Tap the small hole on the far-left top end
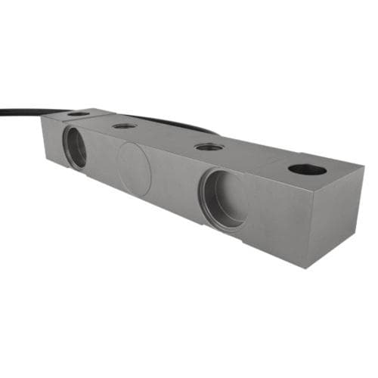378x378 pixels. point(78,114)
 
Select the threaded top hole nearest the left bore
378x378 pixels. point(125,125)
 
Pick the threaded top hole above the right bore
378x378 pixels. point(208,147)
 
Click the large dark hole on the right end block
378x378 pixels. point(307,169)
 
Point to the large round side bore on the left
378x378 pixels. point(75,147)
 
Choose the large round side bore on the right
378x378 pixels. point(224,198)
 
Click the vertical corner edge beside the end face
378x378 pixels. point(311,227)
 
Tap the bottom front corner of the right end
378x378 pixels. point(311,267)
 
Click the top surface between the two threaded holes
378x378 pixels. point(166,136)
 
